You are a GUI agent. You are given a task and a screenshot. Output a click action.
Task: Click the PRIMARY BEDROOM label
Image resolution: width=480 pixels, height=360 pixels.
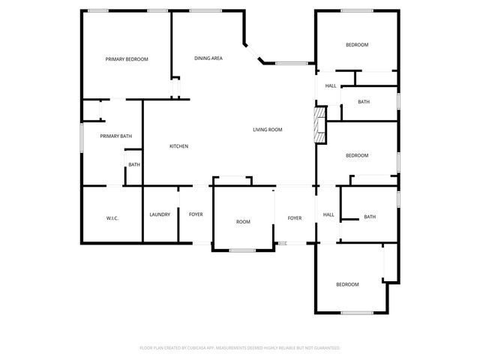pos(126,59)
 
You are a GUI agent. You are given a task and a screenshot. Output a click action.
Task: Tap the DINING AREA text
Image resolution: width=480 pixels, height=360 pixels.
pos(208,58)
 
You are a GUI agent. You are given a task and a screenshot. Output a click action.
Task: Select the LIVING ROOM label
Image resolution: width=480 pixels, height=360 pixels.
pos(267,130)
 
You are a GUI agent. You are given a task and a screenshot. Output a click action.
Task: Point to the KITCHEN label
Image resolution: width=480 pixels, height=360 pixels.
pos(178,146)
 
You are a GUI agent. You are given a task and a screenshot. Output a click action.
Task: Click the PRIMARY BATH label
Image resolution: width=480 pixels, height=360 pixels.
pos(116,136)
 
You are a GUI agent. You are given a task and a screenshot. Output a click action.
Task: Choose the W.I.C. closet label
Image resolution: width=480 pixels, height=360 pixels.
pos(112,217)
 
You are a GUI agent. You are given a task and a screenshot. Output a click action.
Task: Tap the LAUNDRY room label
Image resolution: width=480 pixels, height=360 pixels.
pos(160,214)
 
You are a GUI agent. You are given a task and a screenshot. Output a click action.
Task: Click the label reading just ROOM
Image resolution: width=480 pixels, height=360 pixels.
pos(243,222)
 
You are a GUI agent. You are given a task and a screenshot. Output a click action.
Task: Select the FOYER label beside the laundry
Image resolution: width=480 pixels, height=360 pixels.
pos(196,214)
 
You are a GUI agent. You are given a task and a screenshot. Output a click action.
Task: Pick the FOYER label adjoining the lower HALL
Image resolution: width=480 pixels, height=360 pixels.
pos(295,218)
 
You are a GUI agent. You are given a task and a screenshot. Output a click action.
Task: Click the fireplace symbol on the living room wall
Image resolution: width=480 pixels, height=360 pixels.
pos(320,124)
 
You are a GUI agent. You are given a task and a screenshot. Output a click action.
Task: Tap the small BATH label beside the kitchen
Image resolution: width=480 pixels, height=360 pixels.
pos(134,165)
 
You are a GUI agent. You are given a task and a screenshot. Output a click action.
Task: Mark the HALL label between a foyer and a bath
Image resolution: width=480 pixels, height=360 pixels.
pos(328,215)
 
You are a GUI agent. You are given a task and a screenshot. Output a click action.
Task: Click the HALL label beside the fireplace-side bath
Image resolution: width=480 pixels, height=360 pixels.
pos(331,86)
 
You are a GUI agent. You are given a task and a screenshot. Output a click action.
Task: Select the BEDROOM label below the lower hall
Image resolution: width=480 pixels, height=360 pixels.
pos(347,284)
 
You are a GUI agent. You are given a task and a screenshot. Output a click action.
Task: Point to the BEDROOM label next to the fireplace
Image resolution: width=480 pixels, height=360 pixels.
pos(356,155)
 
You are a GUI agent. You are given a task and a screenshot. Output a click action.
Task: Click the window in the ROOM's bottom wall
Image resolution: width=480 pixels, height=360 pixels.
pos(241,250)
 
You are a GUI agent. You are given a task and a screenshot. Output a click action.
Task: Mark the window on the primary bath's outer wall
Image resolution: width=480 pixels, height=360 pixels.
pos(82,138)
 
